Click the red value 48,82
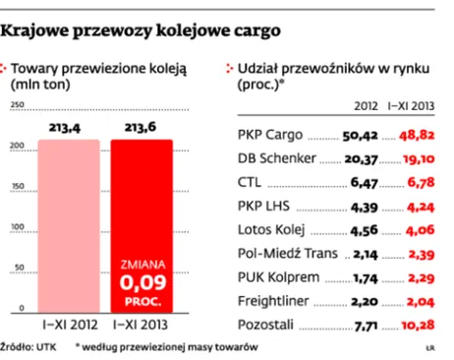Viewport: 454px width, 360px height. tap(415, 133)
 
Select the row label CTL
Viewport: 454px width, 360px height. tap(251, 181)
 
